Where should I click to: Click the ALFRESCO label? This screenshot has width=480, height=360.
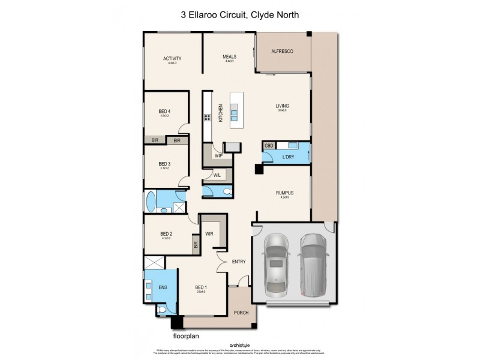[283, 53]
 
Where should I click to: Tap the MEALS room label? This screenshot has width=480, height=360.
[229, 57]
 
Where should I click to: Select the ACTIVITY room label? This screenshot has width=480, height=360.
[172, 58]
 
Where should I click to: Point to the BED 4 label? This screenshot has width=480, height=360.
[164, 111]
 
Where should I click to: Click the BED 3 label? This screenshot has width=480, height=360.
[164, 164]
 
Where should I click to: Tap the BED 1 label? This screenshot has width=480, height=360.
[200, 288]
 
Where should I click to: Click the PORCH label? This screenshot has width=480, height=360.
[241, 312]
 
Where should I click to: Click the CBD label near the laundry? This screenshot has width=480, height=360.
[269, 146]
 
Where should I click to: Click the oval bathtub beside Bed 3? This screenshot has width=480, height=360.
[150, 202]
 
